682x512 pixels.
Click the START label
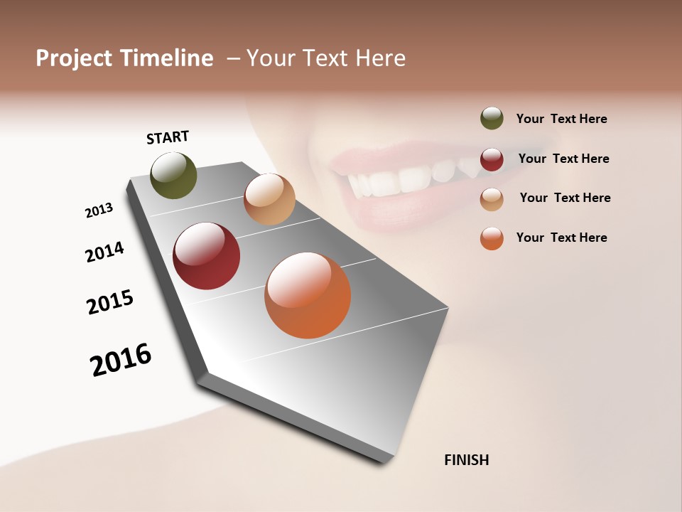tap(168, 137)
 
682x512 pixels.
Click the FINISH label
tap(466, 460)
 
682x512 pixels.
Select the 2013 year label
tap(99, 210)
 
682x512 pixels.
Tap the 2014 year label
tap(104, 252)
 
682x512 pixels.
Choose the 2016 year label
tap(121, 360)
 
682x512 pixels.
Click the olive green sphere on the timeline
tap(173, 176)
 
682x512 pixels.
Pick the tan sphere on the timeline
tap(269, 199)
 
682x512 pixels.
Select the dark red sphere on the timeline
tap(206, 256)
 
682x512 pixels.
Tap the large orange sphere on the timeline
tap(308, 295)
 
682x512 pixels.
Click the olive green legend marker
tap(492, 118)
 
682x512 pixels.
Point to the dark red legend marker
tap(492, 159)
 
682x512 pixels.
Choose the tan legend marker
tap(492, 199)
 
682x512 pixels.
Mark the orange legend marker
tap(492, 238)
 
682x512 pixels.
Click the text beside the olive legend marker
tap(561, 119)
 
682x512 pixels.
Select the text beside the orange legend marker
tap(561, 238)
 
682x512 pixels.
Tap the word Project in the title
tap(74, 58)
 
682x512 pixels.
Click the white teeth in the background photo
tap(412, 178)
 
